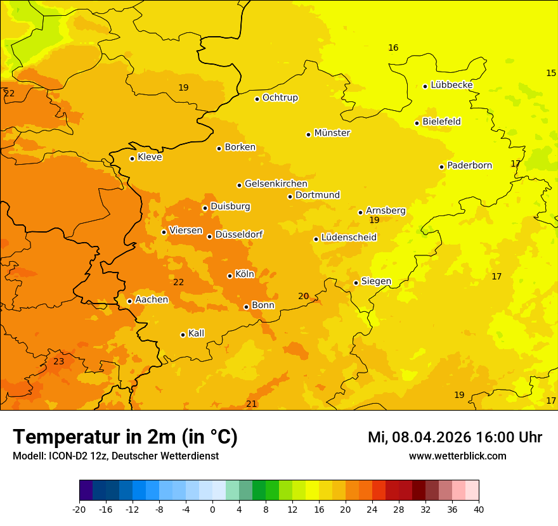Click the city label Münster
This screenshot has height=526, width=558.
[x=332, y=133]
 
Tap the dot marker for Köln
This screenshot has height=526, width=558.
[x=230, y=276]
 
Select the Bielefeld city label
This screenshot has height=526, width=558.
[x=441, y=122]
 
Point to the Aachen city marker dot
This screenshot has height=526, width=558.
[x=129, y=301]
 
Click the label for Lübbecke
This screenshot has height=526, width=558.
[x=451, y=85]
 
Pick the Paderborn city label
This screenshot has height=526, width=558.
[x=469, y=165]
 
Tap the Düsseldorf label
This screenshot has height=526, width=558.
[x=238, y=234]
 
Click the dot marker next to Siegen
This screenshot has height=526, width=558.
[x=356, y=283]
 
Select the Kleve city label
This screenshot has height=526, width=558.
[x=150, y=157]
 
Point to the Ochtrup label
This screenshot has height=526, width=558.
[x=280, y=98]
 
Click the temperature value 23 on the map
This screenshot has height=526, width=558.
[x=58, y=361]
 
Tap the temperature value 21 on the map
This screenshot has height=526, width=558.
[x=252, y=404]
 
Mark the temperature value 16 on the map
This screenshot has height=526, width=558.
[x=393, y=48]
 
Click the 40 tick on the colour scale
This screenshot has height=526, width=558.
[x=479, y=509]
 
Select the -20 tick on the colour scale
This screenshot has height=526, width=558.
[x=79, y=509]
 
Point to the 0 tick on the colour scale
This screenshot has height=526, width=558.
[x=212, y=509]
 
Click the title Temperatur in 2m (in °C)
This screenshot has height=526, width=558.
[x=125, y=437]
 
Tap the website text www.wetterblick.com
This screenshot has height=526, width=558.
[x=457, y=456]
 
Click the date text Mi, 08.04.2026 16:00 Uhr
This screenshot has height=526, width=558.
[x=455, y=437]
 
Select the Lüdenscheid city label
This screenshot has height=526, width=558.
[x=349, y=238]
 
